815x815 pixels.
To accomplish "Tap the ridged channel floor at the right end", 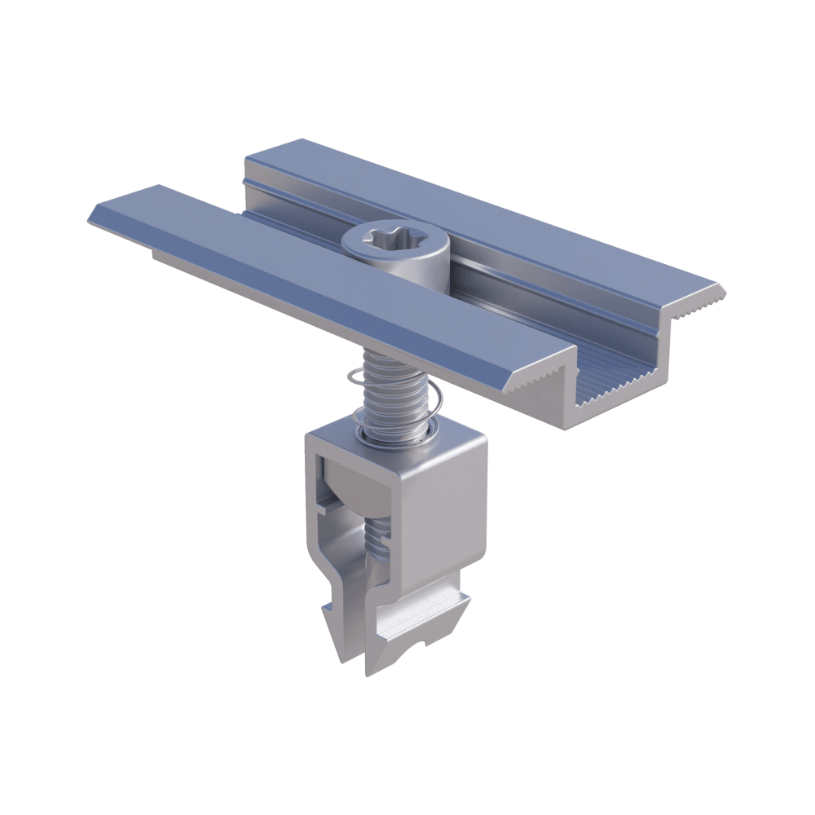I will pyautogui.click(x=628, y=383).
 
